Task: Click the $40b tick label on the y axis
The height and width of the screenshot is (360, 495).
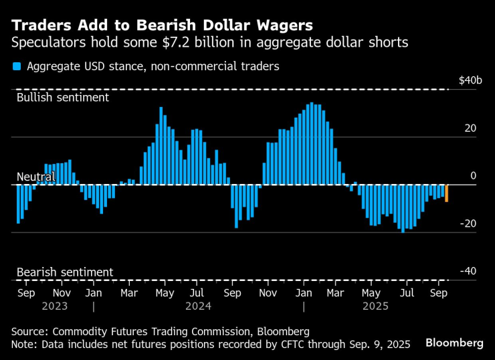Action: pos(470,80)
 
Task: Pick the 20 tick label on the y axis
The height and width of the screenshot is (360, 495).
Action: pos(470,128)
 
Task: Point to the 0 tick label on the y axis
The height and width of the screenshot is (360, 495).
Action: pos(473,176)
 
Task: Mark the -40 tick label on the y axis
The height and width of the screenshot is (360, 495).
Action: pos(468,271)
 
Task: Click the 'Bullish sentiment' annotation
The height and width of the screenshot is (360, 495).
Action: pos(62,97)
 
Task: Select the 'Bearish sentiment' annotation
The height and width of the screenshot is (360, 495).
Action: pos(64,272)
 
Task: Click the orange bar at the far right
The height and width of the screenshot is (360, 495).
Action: pos(446,193)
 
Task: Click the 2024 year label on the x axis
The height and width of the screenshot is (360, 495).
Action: pos(197,306)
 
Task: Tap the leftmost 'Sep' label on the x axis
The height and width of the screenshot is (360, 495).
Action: pos(26,292)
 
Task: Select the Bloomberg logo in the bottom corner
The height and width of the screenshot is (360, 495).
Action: pos(455,343)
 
